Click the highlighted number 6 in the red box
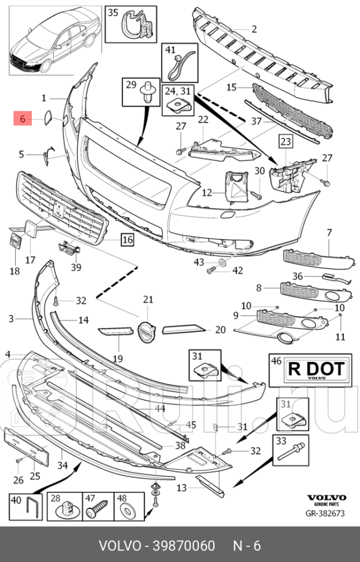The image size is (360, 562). click(x=23, y=119)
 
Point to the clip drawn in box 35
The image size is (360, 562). click(x=136, y=26)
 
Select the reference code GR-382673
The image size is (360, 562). click(x=326, y=513)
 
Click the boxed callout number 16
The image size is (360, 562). click(x=127, y=238)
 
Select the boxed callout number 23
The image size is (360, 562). click(x=286, y=140)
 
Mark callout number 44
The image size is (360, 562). click(x=160, y=408)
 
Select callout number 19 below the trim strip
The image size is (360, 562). click(x=118, y=359)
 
